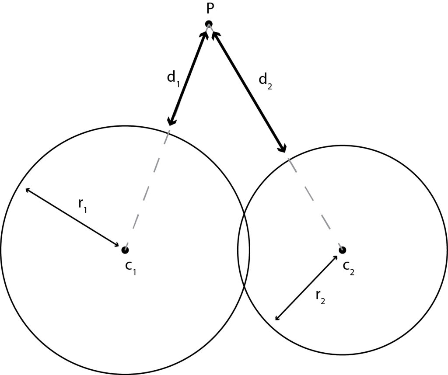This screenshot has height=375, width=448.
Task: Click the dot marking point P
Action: coord(209,24)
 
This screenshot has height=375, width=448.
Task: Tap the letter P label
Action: coord(210,9)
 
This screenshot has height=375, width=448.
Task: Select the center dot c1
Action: coord(125,250)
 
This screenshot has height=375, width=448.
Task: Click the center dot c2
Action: coord(343,250)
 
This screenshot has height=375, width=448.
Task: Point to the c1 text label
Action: coord(130,268)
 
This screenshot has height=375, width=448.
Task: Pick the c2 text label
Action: coord(349,268)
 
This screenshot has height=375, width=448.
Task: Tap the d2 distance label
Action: coord(265,82)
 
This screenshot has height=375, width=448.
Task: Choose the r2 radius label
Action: coord(320,297)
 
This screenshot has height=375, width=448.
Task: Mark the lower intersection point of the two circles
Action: coord(244,286)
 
